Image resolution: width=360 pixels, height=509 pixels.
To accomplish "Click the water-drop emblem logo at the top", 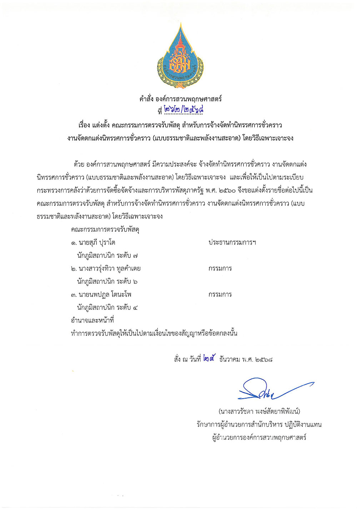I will [x=180, y=56].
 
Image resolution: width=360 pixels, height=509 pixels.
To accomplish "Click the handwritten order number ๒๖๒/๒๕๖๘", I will [x=184, y=110].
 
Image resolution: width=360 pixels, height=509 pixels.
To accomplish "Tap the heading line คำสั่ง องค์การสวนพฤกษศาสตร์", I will [x=180, y=99].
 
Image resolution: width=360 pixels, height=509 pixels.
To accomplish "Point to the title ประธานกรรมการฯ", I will [x=232, y=243].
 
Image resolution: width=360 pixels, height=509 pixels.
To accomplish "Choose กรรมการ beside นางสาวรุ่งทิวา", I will [x=220, y=268].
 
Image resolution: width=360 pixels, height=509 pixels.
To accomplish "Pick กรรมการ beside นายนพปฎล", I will [x=220, y=294].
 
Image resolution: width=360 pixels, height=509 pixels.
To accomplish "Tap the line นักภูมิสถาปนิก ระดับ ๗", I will [x=107, y=256].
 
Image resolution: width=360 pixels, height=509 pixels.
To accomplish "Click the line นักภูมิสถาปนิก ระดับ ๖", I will [x=107, y=282].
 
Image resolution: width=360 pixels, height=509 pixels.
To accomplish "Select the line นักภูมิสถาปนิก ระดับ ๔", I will [x=107, y=307].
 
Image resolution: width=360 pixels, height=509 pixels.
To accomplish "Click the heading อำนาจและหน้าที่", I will [x=92, y=321].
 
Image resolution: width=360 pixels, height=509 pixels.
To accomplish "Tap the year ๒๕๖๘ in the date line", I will [x=264, y=359].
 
